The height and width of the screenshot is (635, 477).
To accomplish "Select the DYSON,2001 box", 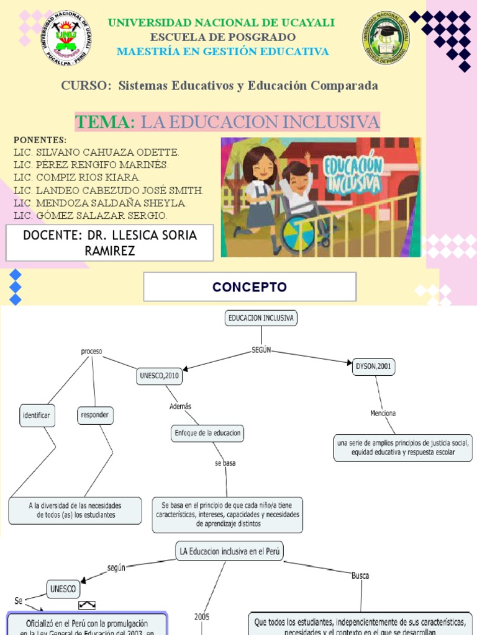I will [x=373, y=366].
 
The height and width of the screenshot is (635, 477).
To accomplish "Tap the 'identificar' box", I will [x=37, y=415].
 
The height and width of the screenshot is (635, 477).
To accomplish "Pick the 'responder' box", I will [x=96, y=415].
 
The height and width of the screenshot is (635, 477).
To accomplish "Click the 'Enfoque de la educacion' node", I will [x=207, y=433].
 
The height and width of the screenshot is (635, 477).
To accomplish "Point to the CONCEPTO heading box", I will [x=250, y=287].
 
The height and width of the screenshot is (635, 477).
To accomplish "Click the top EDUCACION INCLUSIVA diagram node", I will [x=261, y=318].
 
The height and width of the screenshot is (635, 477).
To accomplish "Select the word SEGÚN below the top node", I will [x=261, y=350].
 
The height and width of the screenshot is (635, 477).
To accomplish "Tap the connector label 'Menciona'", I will [x=383, y=413].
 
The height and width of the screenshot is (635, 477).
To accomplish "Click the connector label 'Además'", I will [x=180, y=406].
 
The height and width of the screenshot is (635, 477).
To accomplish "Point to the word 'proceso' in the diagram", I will [x=91, y=352].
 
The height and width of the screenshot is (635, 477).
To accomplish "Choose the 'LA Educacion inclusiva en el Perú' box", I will [x=231, y=551].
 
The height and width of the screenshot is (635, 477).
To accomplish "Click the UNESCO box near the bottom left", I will [x=63, y=588].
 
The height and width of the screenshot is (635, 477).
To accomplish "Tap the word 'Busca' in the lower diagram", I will [x=360, y=575].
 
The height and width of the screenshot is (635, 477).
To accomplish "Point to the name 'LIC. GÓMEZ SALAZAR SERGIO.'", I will [x=90, y=216].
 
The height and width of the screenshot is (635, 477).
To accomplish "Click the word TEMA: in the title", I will [x=105, y=122].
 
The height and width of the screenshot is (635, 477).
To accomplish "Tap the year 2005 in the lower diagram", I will [x=202, y=617].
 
